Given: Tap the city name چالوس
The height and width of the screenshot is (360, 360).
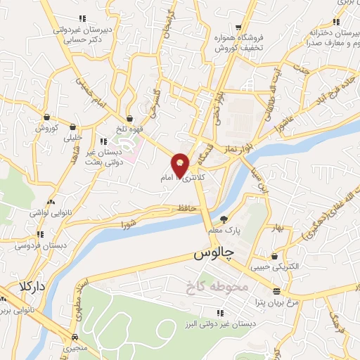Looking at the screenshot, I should coord(214,254).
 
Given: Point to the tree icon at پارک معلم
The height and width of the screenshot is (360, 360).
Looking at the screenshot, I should coord(224,219).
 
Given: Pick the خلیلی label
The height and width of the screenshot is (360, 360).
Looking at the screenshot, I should coord(74,138).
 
